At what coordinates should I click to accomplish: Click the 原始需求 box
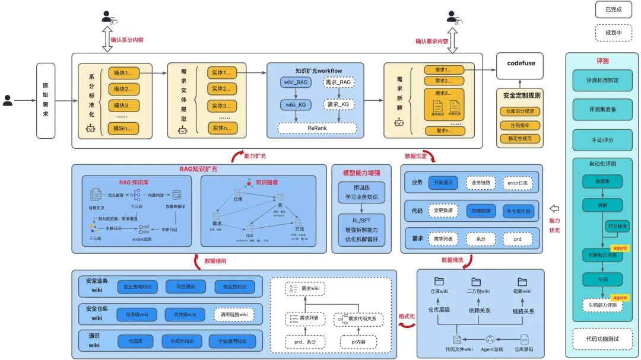[x=45, y=101]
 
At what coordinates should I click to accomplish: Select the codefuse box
[x=521, y=64]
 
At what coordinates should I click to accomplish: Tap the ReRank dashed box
[x=317, y=128]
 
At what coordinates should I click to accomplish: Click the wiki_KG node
[x=296, y=105]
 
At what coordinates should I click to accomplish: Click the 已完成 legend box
[x=614, y=9]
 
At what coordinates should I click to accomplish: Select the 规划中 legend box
[x=614, y=33]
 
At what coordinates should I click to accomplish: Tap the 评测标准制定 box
[x=602, y=80]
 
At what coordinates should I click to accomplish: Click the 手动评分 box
[x=602, y=141]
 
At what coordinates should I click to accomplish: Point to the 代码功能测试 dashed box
[x=602, y=339]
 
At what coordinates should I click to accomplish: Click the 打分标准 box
[x=617, y=226]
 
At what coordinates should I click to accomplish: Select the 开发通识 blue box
[x=443, y=183]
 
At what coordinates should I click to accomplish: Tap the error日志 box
[x=518, y=183]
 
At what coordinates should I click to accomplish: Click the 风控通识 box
[x=185, y=287]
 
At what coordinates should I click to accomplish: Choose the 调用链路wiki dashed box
[x=233, y=314]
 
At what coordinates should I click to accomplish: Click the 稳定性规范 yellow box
[x=521, y=138]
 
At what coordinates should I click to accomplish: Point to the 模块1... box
[x=126, y=74]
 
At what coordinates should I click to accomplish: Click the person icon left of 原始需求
[x=8, y=100]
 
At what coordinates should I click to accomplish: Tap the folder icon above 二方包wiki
[x=475, y=282]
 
